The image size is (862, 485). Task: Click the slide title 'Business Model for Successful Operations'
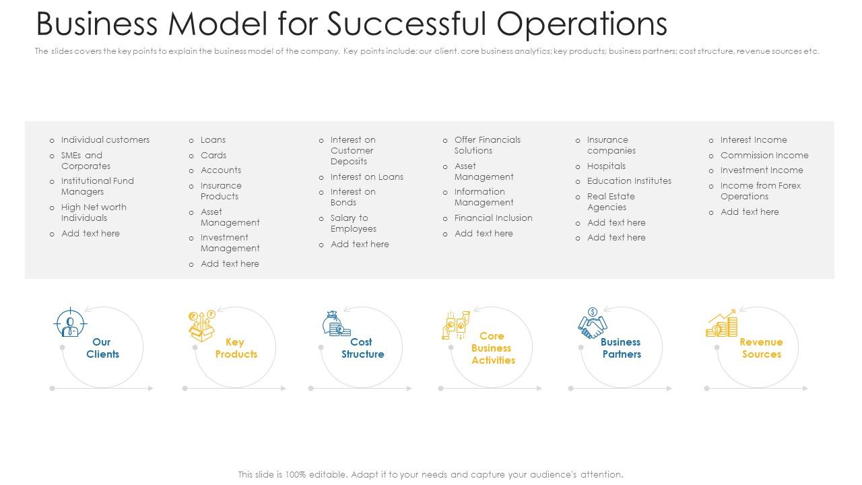[351, 24]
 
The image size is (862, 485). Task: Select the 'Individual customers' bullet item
[105, 140]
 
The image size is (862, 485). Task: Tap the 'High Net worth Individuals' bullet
[94, 213]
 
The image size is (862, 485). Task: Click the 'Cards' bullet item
[213, 156]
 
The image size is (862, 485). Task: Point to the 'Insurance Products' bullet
[220, 191]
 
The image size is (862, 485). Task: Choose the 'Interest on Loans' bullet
[366, 177]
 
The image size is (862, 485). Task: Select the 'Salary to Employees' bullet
[353, 224]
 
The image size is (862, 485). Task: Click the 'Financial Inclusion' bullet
[493, 218]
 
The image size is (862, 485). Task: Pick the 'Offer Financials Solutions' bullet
[487, 145]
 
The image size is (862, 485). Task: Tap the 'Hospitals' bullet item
[606, 166]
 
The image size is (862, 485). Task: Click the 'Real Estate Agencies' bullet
[610, 202]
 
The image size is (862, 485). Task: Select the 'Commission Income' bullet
[764, 156]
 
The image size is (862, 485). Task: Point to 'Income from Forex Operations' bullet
[760, 191]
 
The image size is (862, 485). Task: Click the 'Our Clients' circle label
[102, 348]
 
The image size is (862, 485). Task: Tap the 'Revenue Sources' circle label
[761, 348]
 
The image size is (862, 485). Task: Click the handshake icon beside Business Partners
[592, 324]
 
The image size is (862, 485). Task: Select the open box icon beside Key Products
[201, 325]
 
